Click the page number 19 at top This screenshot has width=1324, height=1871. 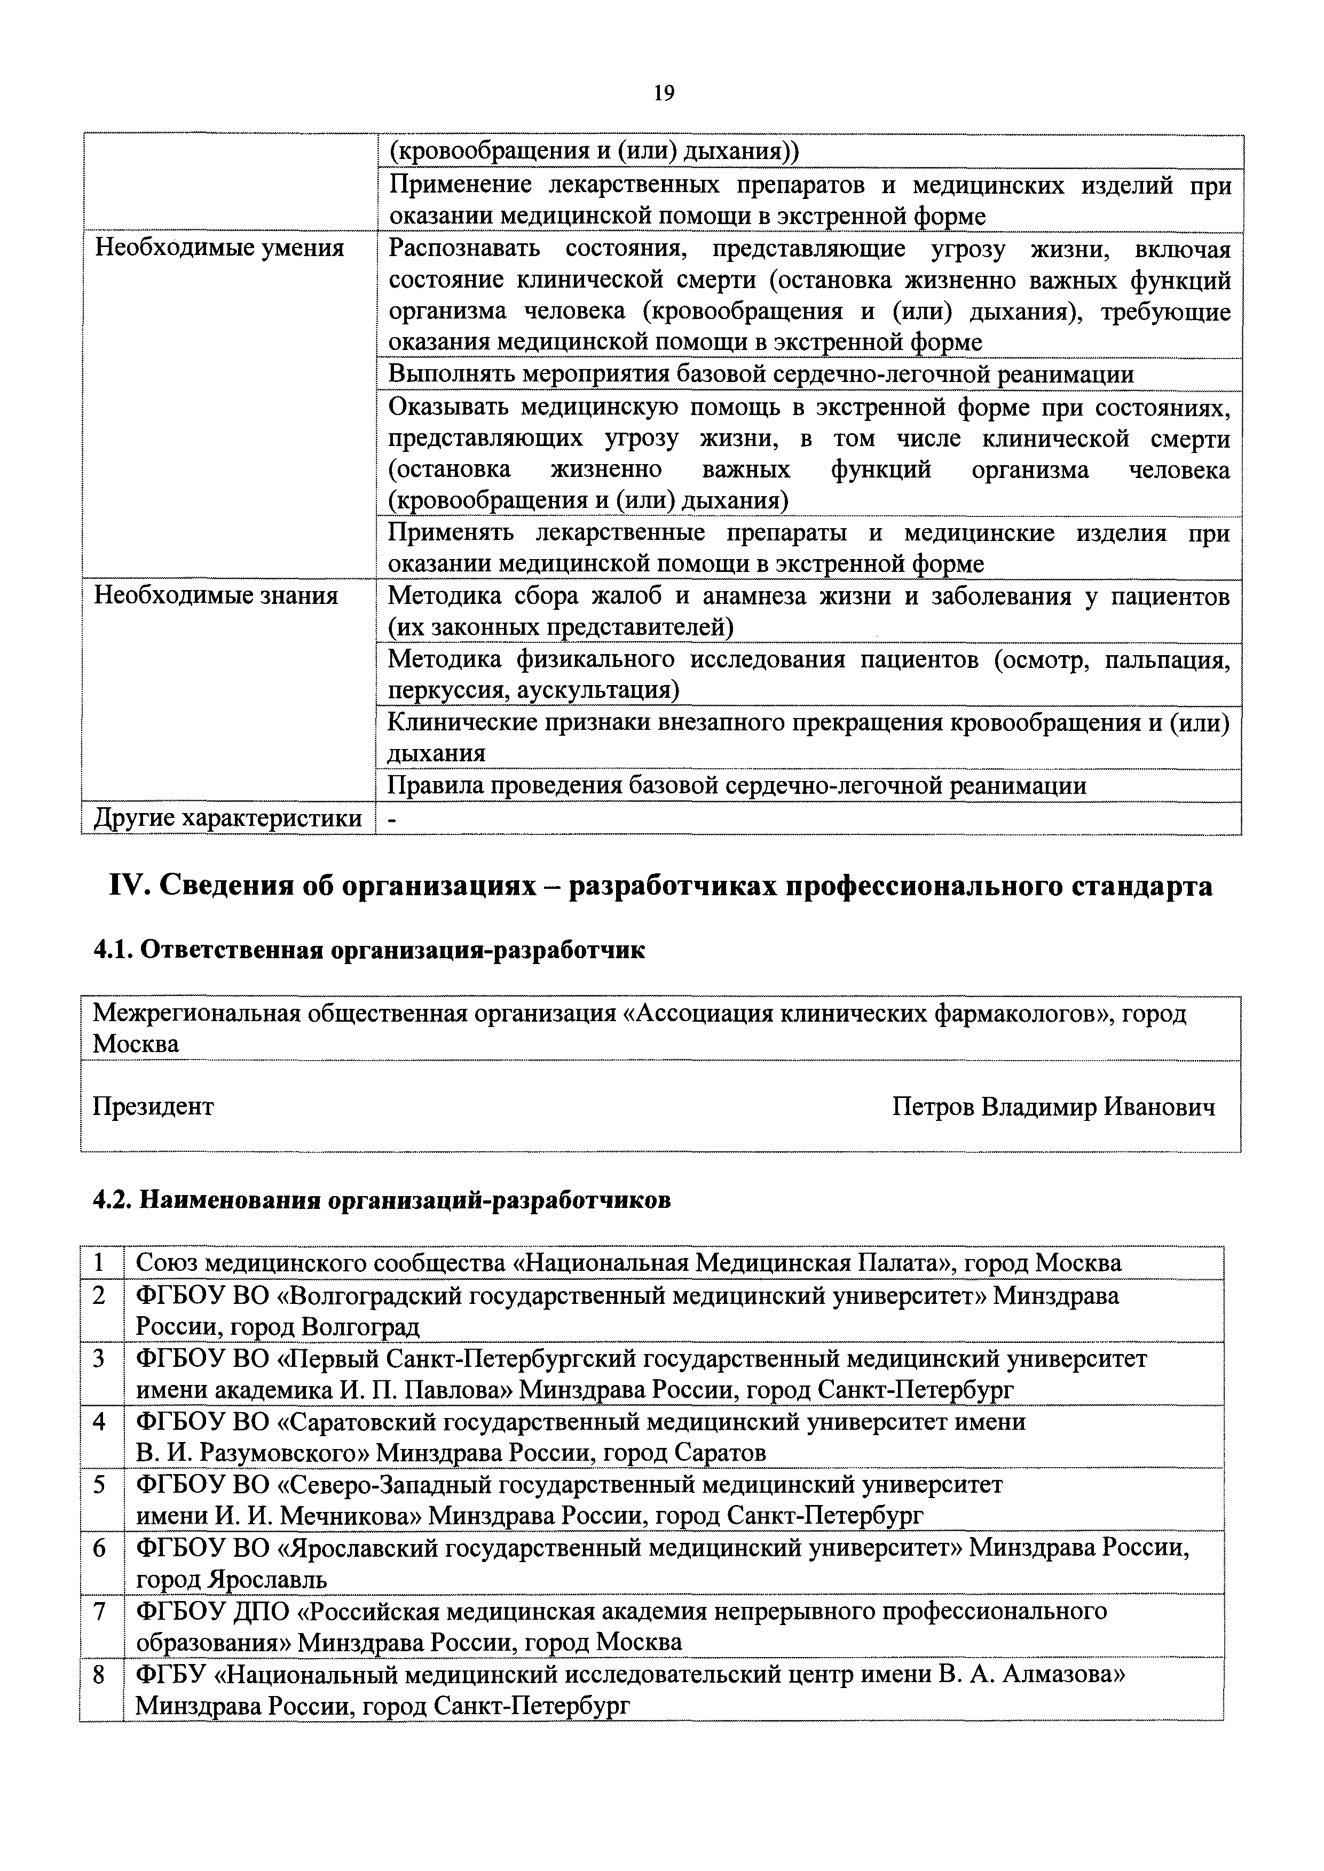[x=664, y=94]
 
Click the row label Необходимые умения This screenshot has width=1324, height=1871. [x=219, y=248]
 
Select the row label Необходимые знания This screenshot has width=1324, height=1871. [x=216, y=596]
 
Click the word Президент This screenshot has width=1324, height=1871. [x=153, y=1106]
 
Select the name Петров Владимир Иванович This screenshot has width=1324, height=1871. [x=1053, y=1106]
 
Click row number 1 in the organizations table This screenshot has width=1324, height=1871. [x=99, y=1264]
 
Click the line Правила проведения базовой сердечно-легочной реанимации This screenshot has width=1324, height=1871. [x=736, y=785]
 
